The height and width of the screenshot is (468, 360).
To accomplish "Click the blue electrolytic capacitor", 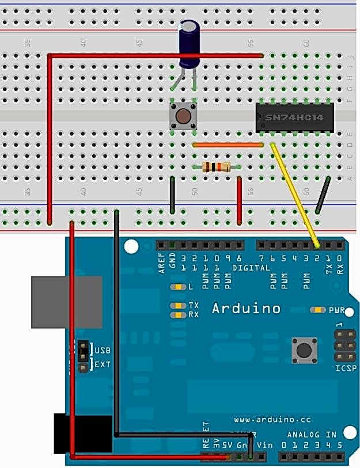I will point(190,43).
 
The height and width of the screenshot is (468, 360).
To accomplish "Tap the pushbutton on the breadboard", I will point(184,117).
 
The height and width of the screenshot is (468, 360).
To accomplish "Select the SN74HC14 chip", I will point(295,119).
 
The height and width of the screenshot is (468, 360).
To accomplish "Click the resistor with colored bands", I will point(217,168).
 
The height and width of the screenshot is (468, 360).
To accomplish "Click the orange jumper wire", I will point(227,144).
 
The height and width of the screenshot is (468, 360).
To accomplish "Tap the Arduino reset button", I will point(305,350).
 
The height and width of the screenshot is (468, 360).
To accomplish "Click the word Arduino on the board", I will point(246,308).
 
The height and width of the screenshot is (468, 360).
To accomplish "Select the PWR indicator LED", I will point(317,310).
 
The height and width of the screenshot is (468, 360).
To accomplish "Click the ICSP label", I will point(346,368).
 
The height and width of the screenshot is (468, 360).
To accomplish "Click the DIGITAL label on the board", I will point(251,268).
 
